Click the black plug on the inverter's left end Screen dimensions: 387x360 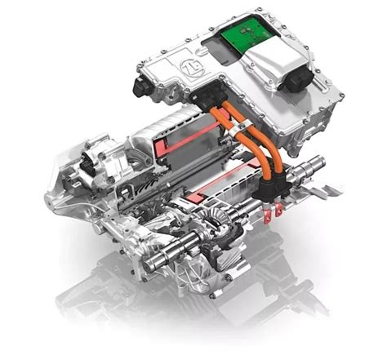[x=141, y=87]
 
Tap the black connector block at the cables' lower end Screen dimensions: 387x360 [x=271, y=186]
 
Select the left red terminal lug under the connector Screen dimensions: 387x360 [x=269, y=214]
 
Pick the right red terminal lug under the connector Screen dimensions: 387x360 [x=278, y=211]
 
